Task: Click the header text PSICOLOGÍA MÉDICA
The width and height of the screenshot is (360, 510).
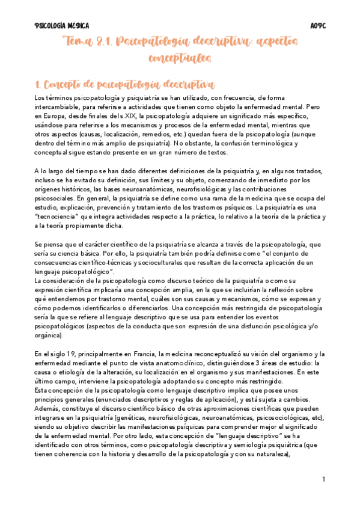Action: point(61,26)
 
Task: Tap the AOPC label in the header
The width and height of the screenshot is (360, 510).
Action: point(318,26)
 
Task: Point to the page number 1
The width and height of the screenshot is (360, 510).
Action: point(323,479)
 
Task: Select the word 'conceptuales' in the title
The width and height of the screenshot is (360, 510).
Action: point(180,58)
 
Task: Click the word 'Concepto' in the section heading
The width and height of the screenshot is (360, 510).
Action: point(58,83)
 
